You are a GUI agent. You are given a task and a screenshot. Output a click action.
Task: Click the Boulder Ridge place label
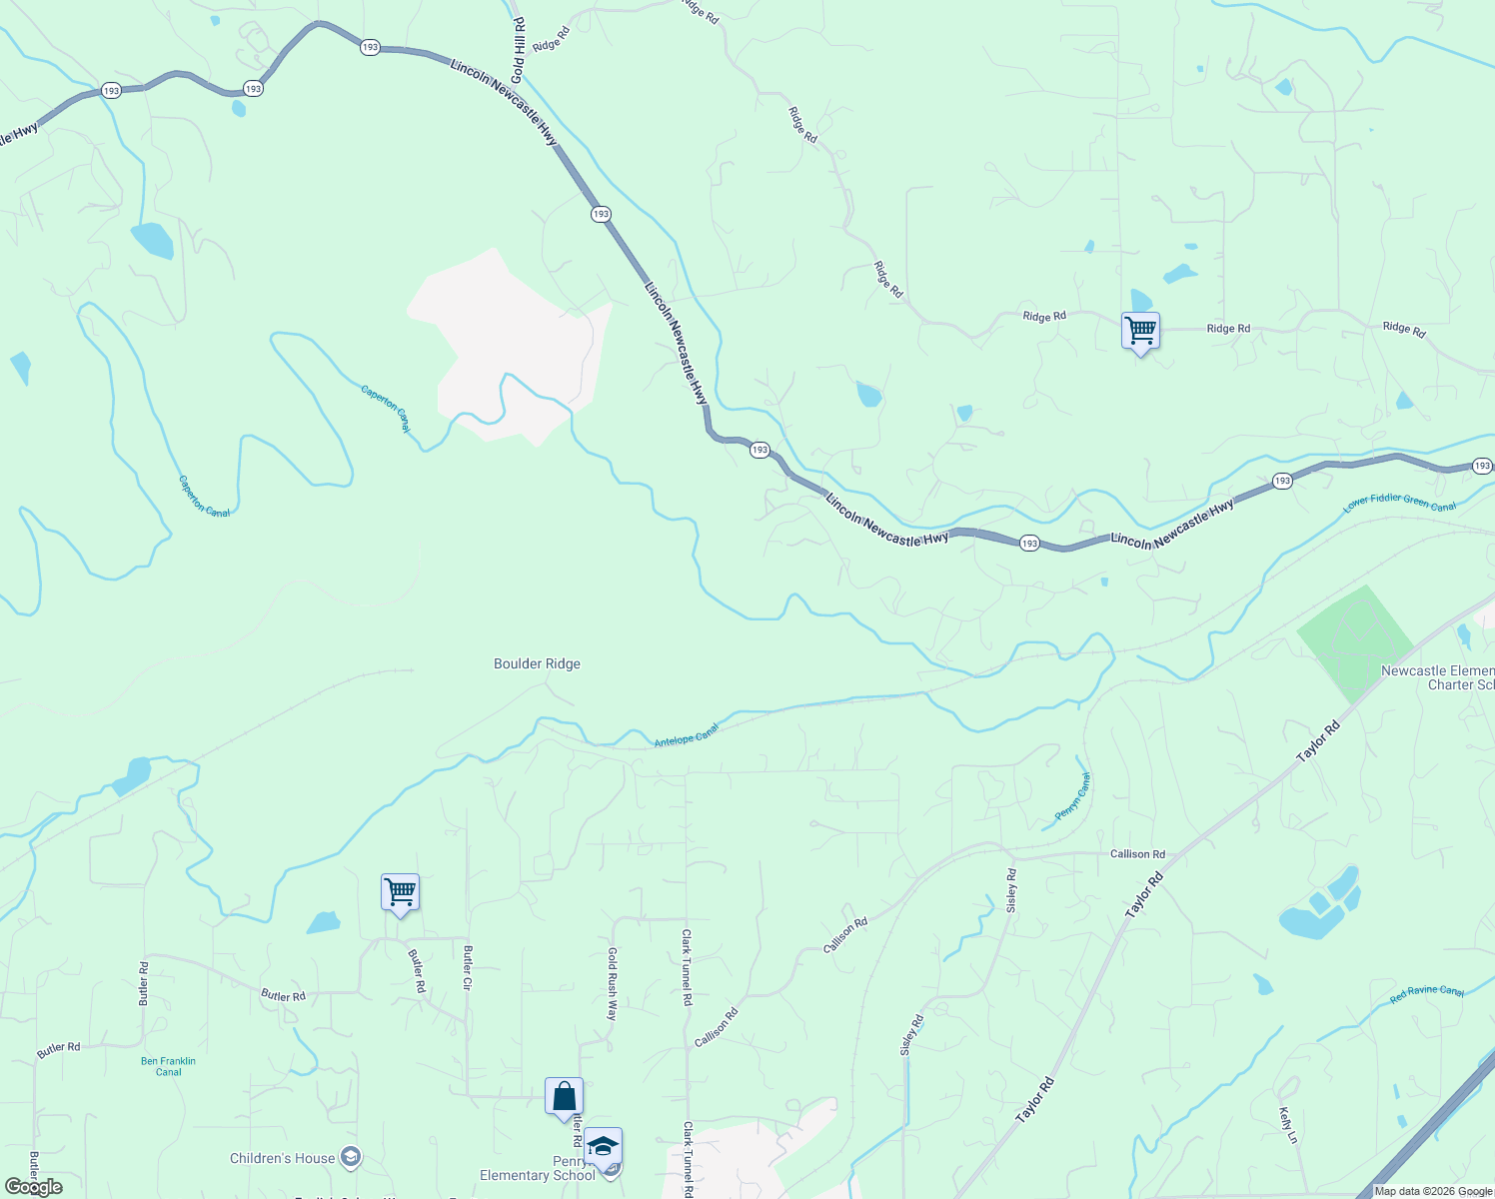pyautogui.click(x=537, y=663)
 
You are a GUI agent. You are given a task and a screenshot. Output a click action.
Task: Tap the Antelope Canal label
pyautogui.click(x=687, y=735)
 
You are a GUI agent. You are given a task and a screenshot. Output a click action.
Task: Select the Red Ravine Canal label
pyautogui.click(x=1426, y=993)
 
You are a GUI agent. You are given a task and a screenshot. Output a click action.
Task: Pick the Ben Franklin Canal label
pyautogui.click(x=168, y=1066)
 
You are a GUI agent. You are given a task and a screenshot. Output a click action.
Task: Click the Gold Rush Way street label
pyautogui.click(x=613, y=983)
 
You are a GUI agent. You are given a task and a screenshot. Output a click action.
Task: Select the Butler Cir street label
pyautogui.click(x=467, y=967)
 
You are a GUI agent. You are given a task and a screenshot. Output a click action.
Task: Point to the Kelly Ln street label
pyautogui.click(x=1288, y=1124)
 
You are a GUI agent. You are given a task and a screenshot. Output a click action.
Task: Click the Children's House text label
pyautogui.click(x=282, y=1158)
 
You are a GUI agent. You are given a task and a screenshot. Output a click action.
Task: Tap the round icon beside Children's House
pyautogui.click(x=350, y=1157)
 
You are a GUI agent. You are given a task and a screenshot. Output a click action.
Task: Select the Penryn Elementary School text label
pyautogui.click(x=538, y=1168)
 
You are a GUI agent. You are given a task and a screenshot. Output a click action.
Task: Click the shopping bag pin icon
pyautogui.click(x=564, y=1096)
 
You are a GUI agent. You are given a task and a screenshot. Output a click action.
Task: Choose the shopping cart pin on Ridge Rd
pyautogui.click(x=1140, y=330)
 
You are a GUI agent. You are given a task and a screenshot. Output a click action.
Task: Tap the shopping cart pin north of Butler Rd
pyautogui.click(x=400, y=891)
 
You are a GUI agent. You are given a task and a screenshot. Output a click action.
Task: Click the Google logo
pyautogui.click(x=33, y=1187)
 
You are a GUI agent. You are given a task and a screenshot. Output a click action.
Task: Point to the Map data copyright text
pyautogui.click(x=1433, y=1191)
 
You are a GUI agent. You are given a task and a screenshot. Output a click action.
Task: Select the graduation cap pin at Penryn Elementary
pyautogui.click(x=603, y=1146)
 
